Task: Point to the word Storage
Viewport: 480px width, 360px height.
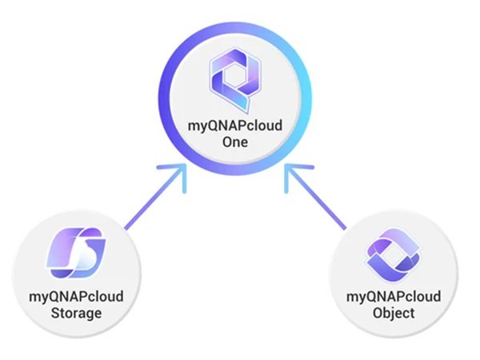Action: click(x=78, y=312)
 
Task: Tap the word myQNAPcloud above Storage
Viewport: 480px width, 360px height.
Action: click(x=78, y=297)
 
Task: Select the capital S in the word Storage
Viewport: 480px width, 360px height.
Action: click(x=57, y=312)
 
